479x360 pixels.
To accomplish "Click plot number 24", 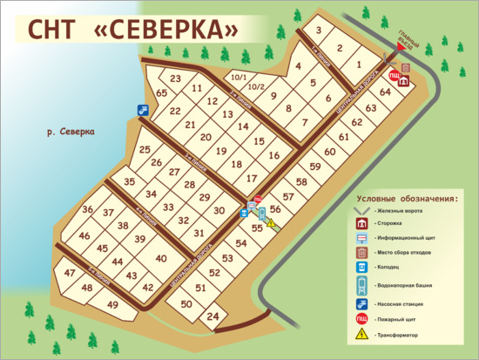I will point(213,318).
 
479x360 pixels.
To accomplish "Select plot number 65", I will point(161,93).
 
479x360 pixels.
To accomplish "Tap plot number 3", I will point(320,31).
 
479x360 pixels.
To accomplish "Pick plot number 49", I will point(112,304).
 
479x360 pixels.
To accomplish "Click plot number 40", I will point(160,258).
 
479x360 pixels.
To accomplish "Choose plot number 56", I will point(275,210).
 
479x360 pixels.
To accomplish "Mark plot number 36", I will point(87,210).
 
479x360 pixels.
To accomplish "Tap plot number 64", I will point(386,91).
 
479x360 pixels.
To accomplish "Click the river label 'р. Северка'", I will point(69,132).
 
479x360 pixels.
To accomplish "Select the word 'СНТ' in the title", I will point(54,31).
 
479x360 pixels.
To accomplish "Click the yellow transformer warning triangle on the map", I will point(270,223).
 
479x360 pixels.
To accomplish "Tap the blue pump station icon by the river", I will point(142,110).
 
